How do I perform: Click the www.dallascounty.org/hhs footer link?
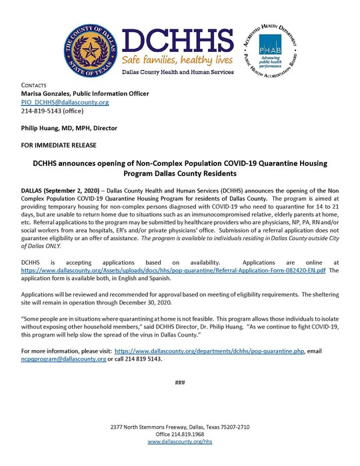click(179, 441)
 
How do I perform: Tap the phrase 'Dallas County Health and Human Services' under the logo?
click(179, 71)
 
